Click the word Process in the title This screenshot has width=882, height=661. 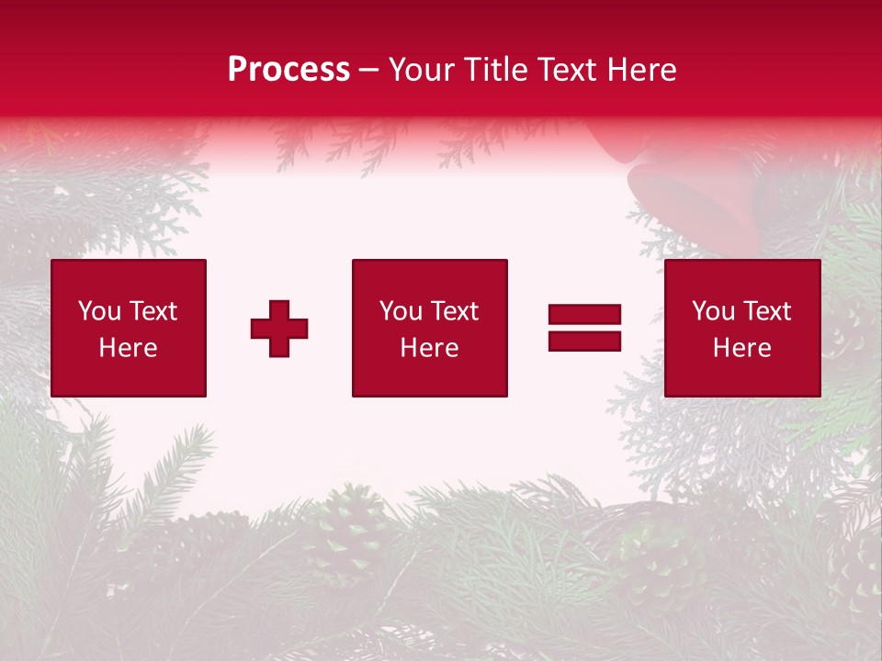(x=288, y=70)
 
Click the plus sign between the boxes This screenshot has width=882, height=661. (x=279, y=329)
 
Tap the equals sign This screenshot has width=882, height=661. (x=584, y=328)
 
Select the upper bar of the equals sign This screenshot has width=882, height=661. (x=584, y=315)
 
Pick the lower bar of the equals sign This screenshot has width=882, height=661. (x=584, y=341)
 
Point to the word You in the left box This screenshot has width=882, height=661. (x=99, y=311)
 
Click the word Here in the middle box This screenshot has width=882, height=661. (x=429, y=348)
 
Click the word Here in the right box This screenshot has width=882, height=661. (x=742, y=348)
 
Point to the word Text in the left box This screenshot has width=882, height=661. (x=153, y=311)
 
